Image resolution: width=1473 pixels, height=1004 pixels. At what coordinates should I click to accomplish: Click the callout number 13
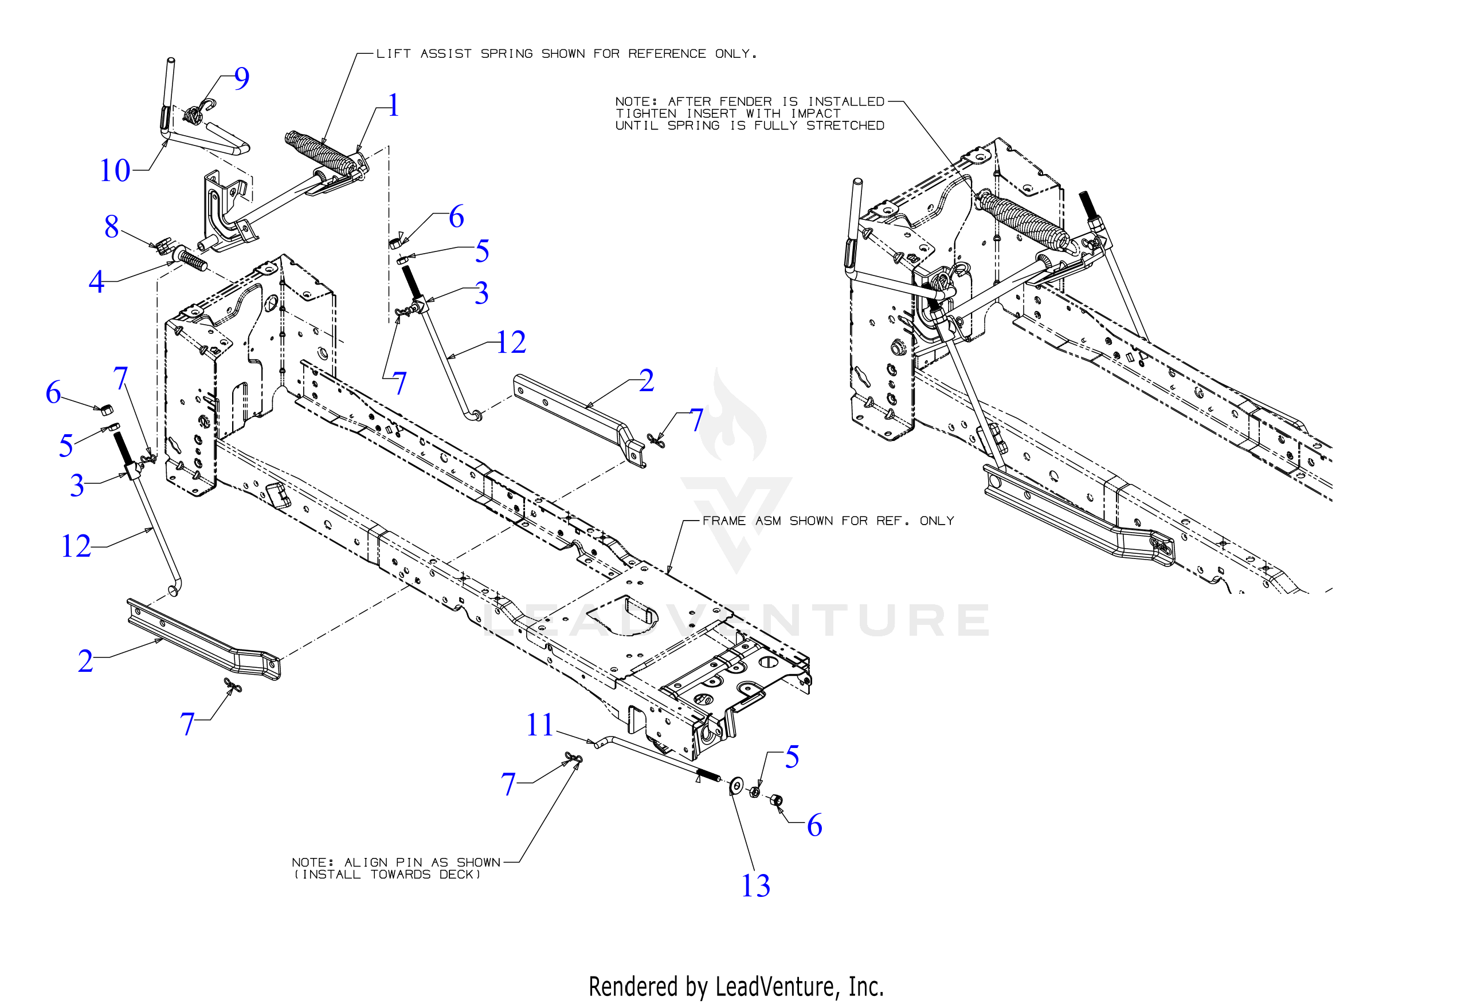[x=755, y=885]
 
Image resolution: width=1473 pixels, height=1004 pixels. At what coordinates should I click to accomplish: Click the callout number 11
[x=540, y=725]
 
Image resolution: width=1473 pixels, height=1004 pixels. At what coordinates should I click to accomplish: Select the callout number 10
[x=115, y=171]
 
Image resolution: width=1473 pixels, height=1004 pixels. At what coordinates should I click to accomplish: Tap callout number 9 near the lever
[x=241, y=78]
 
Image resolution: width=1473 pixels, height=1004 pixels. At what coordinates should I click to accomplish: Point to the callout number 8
[x=112, y=227]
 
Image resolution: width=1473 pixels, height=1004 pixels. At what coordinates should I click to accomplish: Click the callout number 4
[x=96, y=282]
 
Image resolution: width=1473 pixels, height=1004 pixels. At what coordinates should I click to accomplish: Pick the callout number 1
[x=394, y=105]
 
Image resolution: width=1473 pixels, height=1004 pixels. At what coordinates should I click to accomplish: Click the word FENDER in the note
[x=745, y=101]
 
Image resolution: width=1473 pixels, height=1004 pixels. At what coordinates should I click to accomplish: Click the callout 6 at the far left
[x=53, y=393]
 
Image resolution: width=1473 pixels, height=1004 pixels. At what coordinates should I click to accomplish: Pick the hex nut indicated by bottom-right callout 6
[x=776, y=800]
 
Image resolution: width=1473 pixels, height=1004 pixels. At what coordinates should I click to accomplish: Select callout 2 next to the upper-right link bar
[x=646, y=381]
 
